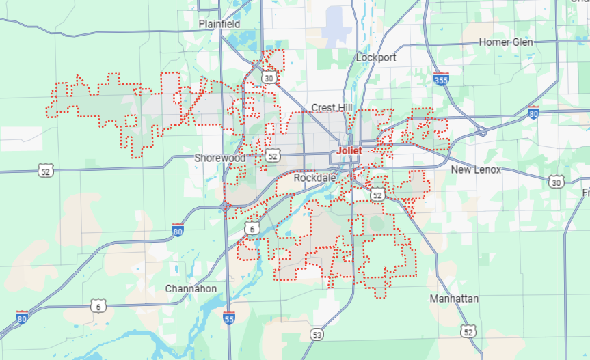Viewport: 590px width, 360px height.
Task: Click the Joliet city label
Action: click(349, 150)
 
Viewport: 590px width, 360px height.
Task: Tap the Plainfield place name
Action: click(219, 24)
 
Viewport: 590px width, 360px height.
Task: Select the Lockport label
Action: click(376, 58)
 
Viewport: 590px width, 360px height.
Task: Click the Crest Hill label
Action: click(332, 108)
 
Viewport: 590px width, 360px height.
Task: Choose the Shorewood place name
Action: click(219, 158)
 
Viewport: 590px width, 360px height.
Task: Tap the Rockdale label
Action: click(314, 178)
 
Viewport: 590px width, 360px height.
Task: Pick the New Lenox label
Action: click(476, 169)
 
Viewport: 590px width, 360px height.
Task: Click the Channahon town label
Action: click(191, 289)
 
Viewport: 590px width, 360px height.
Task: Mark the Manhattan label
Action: click(454, 299)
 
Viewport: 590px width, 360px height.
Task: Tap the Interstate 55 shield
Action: click(229, 317)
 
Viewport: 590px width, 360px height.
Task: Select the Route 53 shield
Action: click(316, 334)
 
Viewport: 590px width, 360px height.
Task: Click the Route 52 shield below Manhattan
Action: click(468, 332)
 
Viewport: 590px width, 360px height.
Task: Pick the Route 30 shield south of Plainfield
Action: click(270, 78)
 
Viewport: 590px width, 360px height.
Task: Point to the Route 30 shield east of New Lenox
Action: click(556, 181)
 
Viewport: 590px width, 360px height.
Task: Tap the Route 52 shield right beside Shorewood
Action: click(273, 156)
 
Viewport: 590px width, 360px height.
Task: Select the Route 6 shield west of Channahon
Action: click(98, 307)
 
